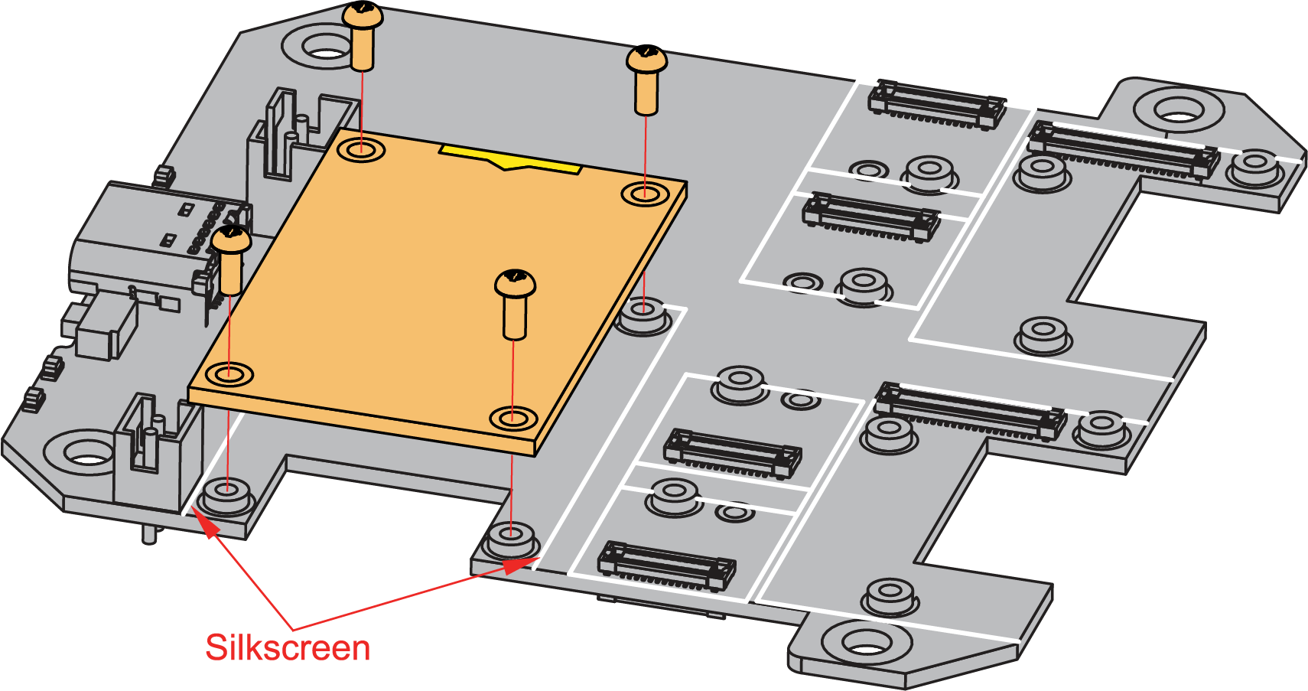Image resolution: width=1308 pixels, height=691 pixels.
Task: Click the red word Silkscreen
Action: [288, 648]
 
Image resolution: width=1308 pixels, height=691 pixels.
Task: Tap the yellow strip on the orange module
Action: [510, 158]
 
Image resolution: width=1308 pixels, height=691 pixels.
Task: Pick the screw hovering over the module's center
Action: [515, 302]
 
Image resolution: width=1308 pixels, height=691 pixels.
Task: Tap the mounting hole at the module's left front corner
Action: [229, 374]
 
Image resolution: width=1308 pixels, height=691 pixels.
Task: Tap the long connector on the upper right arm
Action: [1122, 148]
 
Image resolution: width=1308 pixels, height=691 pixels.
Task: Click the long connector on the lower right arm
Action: [970, 410]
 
